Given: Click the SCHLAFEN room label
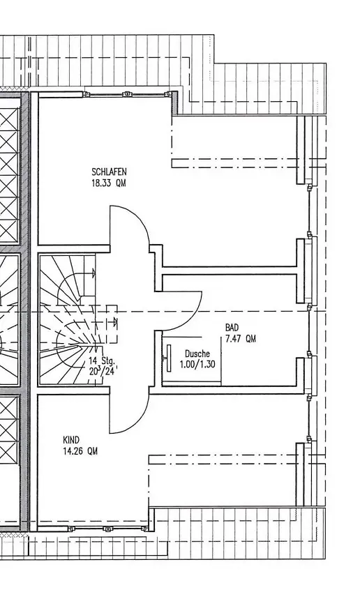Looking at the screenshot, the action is click(109, 172).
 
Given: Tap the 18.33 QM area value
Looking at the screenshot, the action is click(109, 183).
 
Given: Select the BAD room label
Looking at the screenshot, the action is click(232, 327).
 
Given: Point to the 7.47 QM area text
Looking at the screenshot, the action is click(240, 339).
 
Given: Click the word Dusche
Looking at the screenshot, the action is click(197, 354).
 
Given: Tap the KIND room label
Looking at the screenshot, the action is click(71, 440).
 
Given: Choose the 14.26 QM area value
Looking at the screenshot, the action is click(80, 451).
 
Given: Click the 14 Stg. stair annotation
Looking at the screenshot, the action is click(101, 360).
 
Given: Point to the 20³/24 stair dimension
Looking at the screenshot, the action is click(101, 371).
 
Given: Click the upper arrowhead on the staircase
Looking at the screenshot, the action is click(93, 273).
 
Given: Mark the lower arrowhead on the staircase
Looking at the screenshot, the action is click(115, 321).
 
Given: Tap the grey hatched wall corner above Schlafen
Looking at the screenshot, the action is click(176, 103).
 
